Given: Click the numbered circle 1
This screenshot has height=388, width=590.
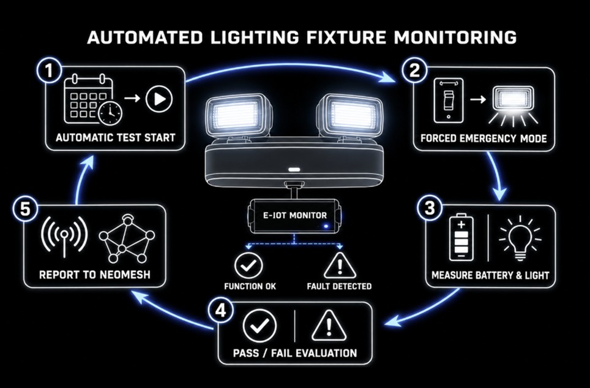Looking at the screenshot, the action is coord(49,70).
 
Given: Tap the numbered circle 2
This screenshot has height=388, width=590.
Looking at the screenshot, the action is coord(414,70).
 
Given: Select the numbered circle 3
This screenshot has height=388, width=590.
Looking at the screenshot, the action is coord(430,208).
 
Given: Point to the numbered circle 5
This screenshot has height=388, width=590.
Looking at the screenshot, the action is coord(25,209).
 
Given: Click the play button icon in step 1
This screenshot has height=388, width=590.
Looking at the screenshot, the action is coord(159,99).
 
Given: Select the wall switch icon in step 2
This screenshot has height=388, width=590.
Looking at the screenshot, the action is coord(449,101).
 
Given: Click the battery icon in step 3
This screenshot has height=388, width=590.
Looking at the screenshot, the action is coord(461,237).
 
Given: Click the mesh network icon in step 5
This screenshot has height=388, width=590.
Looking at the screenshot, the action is coord(127,239).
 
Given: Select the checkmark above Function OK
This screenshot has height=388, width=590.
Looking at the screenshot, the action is coord(248,265).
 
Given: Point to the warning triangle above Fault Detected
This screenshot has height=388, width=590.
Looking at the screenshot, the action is coord(340,265).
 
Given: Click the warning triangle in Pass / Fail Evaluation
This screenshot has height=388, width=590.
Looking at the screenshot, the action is coord(329,326).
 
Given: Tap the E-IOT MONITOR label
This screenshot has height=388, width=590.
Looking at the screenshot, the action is coord(294,216).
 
